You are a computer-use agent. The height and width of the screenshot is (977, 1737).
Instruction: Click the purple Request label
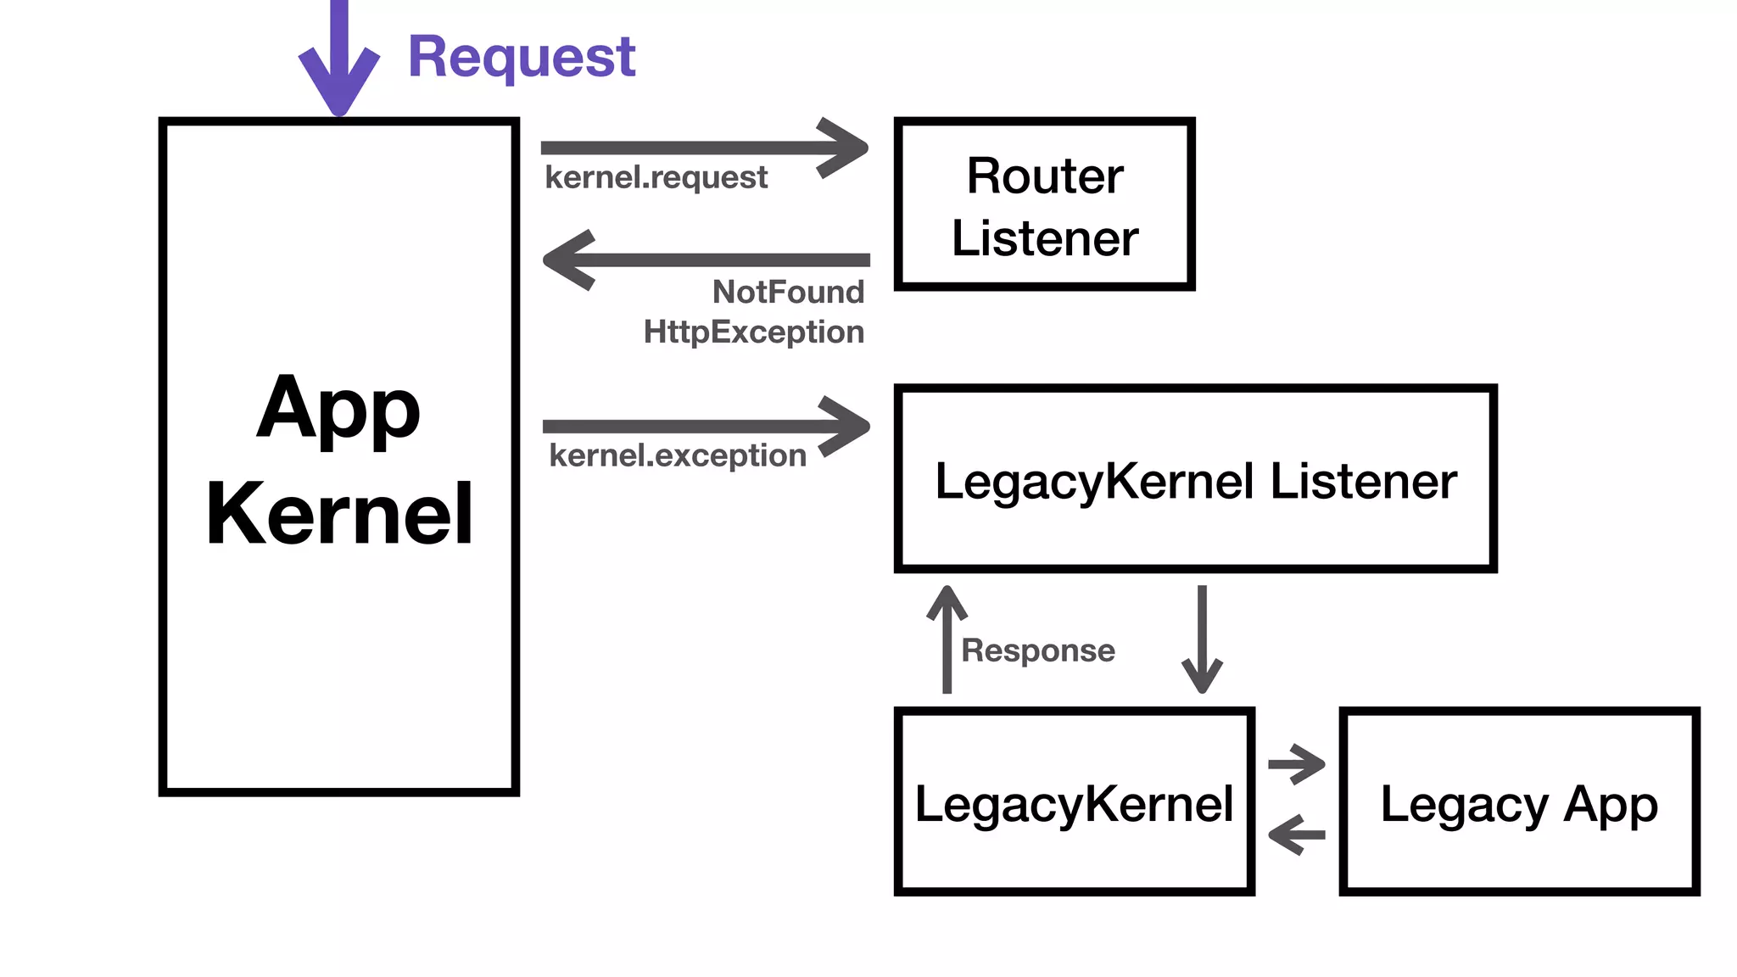(x=521, y=58)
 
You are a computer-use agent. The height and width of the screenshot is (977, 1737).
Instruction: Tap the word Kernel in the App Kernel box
(x=339, y=514)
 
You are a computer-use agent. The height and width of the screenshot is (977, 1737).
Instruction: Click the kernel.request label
(x=656, y=178)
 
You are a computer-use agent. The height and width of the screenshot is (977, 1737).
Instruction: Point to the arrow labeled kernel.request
(x=704, y=148)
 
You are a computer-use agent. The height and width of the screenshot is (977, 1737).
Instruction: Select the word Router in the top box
(x=1044, y=176)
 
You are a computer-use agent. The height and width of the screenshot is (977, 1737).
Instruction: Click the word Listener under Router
(x=1044, y=238)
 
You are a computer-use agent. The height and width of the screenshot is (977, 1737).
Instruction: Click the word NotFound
(x=788, y=292)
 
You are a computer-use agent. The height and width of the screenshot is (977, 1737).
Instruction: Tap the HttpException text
(x=753, y=332)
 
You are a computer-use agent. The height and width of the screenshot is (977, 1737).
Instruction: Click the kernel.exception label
(x=677, y=456)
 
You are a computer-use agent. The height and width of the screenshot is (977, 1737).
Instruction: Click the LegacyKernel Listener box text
(x=1195, y=481)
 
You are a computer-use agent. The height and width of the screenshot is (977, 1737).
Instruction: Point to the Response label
(x=1037, y=650)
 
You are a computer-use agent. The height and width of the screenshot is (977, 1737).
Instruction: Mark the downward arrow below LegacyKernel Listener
(x=1202, y=639)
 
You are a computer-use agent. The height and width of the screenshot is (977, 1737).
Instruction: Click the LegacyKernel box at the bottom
(x=1074, y=802)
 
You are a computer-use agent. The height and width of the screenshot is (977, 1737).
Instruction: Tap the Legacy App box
(x=1518, y=802)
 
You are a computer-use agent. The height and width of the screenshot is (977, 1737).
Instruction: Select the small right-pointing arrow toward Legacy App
(x=1296, y=764)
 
